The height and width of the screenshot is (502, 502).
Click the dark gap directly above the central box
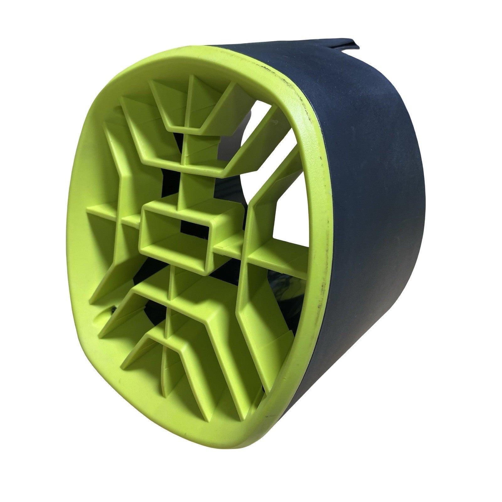coord(171,185)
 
